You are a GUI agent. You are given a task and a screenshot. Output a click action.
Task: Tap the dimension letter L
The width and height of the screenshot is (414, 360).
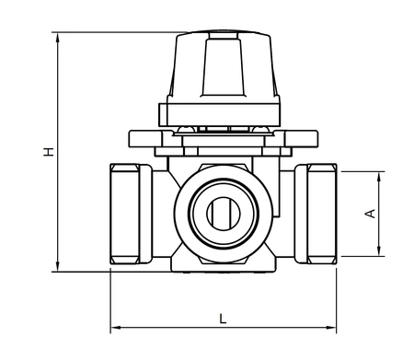point(223,318)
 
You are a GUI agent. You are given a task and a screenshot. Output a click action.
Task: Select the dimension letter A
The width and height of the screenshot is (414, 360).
point(370,214)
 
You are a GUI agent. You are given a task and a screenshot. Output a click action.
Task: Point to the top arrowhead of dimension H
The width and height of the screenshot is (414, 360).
point(58,38)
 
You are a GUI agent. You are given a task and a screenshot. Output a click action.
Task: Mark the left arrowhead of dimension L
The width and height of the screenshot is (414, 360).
point(114,328)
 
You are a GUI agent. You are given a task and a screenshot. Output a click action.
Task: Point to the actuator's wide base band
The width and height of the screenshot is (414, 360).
point(222,113)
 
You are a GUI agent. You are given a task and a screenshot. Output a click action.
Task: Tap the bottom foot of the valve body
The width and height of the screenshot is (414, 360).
point(222,267)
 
